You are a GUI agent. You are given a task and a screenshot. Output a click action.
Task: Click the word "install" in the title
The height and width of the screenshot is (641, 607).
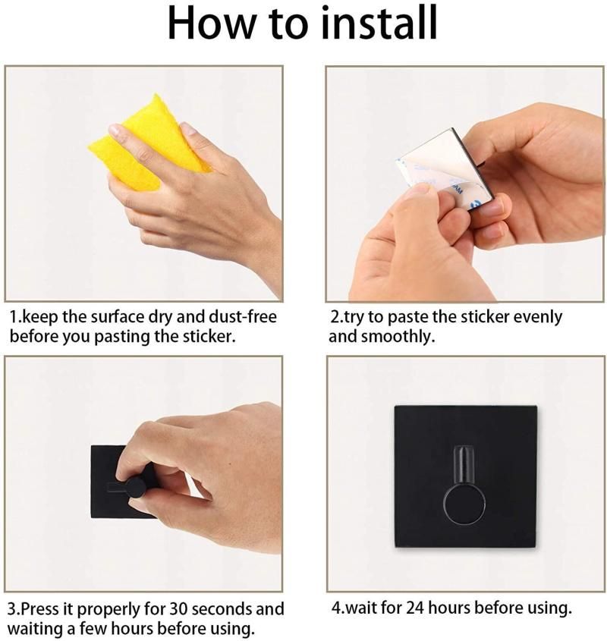pyautogui.click(x=379, y=23)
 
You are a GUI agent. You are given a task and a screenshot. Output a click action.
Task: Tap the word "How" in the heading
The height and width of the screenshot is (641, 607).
pyautogui.click(x=213, y=23)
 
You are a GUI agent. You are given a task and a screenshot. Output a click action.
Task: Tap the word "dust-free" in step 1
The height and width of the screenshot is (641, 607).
pyautogui.click(x=243, y=317)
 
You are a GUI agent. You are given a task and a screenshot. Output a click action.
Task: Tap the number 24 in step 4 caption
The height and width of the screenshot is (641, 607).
pyautogui.click(x=415, y=608)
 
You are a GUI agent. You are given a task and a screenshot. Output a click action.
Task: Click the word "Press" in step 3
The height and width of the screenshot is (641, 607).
pyautogui.click(x=39, y=608)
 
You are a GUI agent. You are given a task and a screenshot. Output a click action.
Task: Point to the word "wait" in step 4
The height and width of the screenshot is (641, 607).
pyautogui.click(x=359, y=608)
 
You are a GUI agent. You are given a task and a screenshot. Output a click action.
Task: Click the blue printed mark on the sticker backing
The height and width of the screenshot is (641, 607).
pyautogui.click(x=476, y=203)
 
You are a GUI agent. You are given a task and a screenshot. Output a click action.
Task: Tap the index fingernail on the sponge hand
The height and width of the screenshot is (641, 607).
pyautogui.click(x=116, y=130)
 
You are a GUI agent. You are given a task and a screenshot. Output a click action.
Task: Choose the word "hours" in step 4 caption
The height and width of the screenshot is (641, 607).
pyautogui.click(x=448, y=608)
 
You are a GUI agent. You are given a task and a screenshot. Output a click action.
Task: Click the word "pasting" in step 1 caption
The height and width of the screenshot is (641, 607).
pyautogui.click(x=122, y=337)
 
